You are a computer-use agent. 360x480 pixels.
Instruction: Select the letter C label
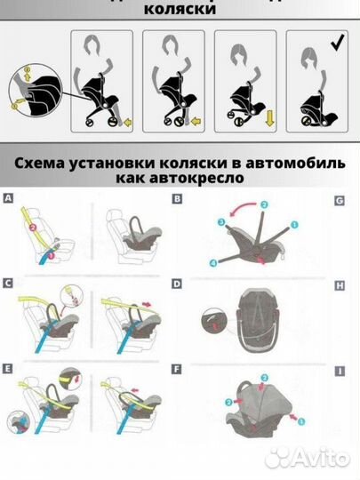[9, 283]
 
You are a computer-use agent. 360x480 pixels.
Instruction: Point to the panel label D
[178, 283]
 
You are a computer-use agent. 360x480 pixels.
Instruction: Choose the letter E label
[9, 365]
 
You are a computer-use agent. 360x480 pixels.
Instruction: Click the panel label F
[178, 365]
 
